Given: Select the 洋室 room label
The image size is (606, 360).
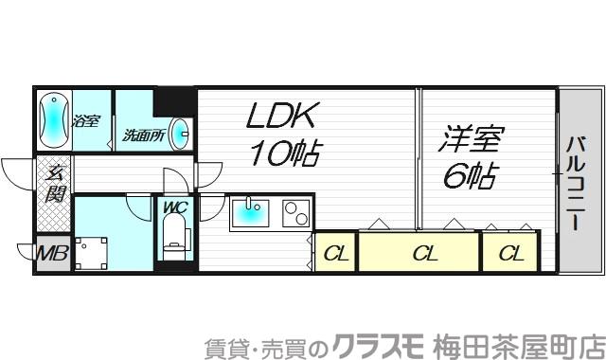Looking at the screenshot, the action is click(466, 140).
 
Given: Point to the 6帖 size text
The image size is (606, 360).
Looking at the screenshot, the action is click(469, 176).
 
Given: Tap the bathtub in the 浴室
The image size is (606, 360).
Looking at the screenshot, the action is click(54, 118).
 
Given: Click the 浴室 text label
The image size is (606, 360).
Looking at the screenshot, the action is click(88, 120).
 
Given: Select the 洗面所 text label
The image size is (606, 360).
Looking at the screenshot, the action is click(144, 135).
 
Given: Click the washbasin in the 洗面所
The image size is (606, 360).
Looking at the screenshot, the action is click(183, 133).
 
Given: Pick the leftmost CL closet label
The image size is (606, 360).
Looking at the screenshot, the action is click(335, 253).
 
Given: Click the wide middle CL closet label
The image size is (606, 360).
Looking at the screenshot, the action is click(424, 253).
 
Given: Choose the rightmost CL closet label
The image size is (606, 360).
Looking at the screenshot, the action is click(510, 253).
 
